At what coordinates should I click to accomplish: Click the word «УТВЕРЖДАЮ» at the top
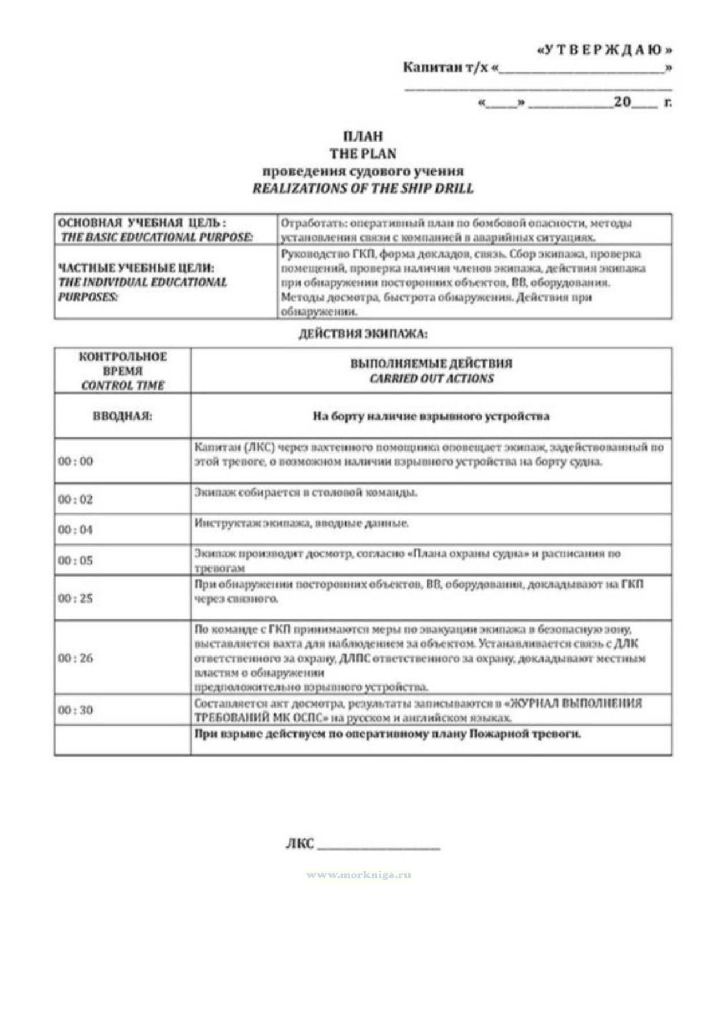point(604,50)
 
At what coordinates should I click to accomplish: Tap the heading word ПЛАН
point(363,136)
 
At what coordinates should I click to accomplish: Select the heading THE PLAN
point(363,154)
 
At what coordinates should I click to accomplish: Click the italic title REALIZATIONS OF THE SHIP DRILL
point(363,188)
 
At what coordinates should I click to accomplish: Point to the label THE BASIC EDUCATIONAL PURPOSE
point(156,237)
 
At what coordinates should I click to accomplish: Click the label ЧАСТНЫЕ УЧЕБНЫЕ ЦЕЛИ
point(136,268)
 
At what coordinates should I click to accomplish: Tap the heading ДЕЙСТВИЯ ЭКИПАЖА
point(363,334)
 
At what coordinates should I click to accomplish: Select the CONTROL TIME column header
point(123,386)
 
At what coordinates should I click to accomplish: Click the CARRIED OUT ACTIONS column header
point(431,379)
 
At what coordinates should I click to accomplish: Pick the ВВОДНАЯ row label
point(123,416)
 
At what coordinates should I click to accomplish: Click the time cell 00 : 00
point(75,461)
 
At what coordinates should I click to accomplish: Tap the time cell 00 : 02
point(75,500)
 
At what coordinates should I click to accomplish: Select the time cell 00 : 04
point(75,530)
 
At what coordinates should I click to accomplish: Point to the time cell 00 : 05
point(75,560)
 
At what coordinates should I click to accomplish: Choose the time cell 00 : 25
point(75,598)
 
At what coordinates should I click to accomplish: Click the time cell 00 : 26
point(75,658)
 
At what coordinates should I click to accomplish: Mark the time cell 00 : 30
point(75,710)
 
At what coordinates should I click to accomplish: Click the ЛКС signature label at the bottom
point(300,844)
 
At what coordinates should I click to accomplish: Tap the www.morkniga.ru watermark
point(359,875)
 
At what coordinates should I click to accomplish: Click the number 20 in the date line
point(622,103)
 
